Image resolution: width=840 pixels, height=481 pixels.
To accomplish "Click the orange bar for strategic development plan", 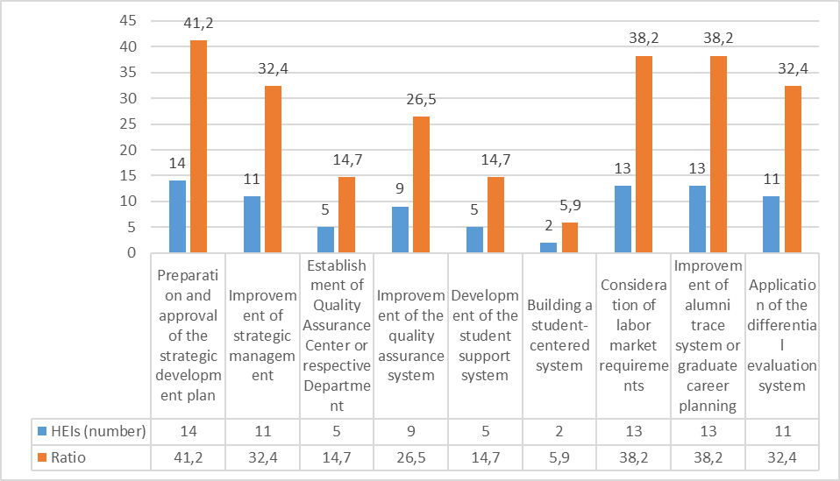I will tap(198, 147).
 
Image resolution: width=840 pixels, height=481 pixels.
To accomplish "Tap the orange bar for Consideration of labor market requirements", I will tap(644, 154).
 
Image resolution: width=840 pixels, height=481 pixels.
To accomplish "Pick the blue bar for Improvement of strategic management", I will tap(252, 224).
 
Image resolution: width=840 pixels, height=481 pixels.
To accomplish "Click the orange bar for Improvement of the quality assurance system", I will tap(422, 185).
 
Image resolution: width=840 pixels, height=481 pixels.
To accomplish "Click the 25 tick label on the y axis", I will tap(129, 124).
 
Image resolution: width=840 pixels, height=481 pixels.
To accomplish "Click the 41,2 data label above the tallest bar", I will tap(199, 24).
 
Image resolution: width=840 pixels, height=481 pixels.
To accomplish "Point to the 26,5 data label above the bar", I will tap(422, 101).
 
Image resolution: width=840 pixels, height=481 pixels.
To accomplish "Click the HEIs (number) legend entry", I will tap(86, 431).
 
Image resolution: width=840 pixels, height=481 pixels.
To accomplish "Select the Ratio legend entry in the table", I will tap(86, 456).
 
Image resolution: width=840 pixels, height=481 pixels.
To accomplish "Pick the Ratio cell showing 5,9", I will tap(559, 456).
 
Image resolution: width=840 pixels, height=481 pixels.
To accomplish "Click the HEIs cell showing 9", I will tap(410, 431).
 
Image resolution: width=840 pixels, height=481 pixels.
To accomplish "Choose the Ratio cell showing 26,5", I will tap(410, 456).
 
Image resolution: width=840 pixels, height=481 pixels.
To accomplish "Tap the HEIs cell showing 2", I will tap(559, 431).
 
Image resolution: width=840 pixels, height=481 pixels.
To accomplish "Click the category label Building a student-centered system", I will tap(559, 336).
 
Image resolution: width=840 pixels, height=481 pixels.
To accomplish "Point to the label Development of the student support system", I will tap(485, 336).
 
